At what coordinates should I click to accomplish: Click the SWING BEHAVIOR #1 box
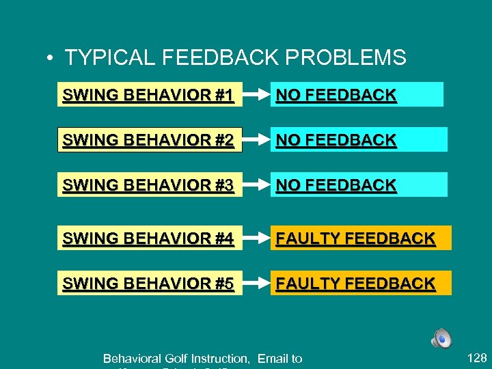pos(148,95)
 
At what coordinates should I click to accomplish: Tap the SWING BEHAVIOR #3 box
pos(148,184)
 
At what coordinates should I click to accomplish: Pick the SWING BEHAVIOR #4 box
pos(148,238)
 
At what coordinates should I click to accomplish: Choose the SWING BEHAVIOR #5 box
pos(148,283)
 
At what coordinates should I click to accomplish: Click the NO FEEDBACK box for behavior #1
pos(355,95)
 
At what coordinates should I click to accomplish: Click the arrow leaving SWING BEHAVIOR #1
pos(255,95)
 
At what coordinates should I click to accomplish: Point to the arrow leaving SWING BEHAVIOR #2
pos(256,140)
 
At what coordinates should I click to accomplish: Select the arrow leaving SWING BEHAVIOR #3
pos(255,184)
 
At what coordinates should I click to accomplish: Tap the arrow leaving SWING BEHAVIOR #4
pos(255,238)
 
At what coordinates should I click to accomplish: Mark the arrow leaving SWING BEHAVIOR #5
pos(255,283)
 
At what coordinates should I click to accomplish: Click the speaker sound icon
pos(441,338)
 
